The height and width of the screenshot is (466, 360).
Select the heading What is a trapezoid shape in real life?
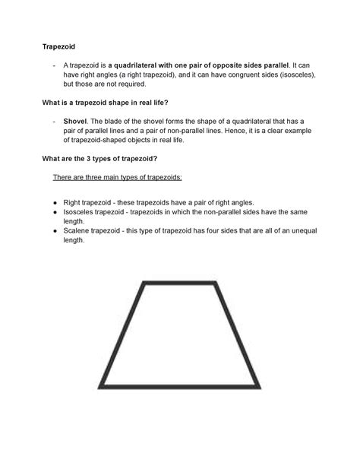(x=123, y=102)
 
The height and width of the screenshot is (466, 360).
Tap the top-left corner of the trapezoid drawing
(x=144, y=284)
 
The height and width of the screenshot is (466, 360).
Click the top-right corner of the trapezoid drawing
(x=217, y=284)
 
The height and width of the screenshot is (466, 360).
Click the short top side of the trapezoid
(x=181, y=284)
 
